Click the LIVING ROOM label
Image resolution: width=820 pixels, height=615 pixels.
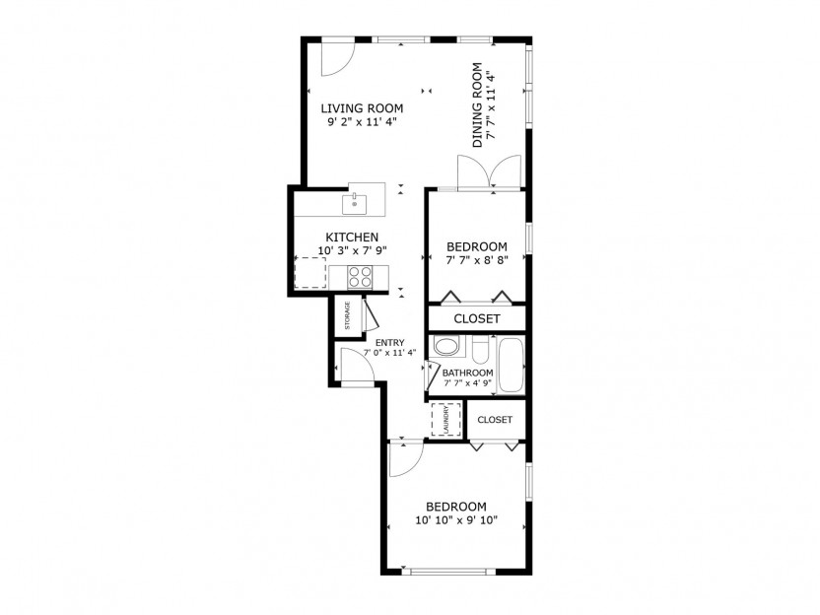point(362,108)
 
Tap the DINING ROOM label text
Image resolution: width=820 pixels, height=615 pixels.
point(477,105)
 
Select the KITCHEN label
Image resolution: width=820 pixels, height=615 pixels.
point(352,237)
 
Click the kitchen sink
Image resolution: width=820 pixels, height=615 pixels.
point(355,204)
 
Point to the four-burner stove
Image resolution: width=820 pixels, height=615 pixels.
point(361,277)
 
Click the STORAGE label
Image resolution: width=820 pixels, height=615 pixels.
point(347,315)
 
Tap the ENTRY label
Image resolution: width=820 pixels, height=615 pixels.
point(390,343)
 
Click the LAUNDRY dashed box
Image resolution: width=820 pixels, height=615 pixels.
point(446,420)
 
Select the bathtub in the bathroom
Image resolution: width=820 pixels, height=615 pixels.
point(511,365)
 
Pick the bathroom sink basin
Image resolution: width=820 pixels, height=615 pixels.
point(446,347)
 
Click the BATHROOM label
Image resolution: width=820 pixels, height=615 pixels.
point(467,373)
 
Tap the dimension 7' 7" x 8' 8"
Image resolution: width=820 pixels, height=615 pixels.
point(477,259)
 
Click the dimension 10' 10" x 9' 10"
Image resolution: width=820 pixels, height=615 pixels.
point(456,520)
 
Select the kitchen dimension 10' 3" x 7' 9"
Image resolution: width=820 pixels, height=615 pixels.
point(353,250)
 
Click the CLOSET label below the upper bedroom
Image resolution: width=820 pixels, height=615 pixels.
point(477,319)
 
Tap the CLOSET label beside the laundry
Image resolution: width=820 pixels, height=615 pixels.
point(495,420)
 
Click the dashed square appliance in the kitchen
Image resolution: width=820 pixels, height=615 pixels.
point(310,272)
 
